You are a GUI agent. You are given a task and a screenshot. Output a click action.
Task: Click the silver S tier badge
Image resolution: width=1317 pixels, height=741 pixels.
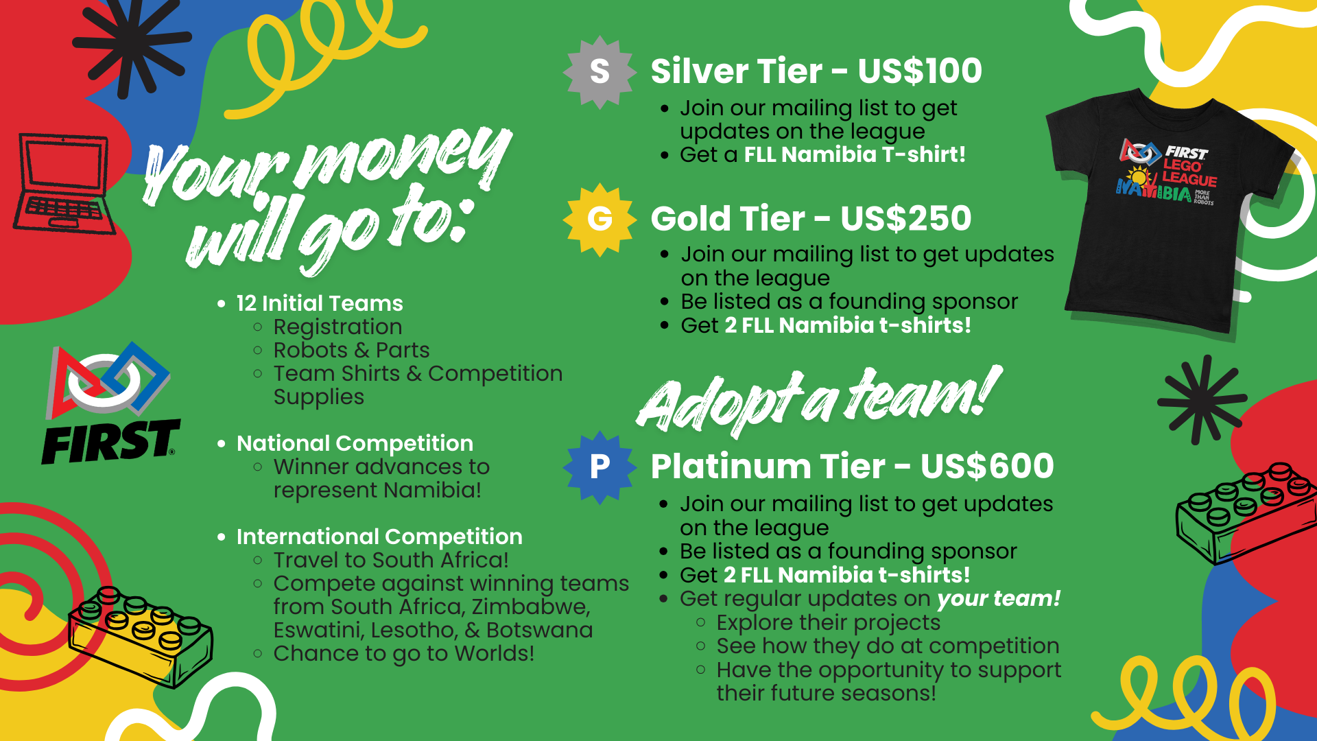[x=600, y=72]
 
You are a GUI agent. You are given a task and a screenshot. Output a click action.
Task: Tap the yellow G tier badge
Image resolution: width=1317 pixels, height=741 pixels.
[x=600, y=220]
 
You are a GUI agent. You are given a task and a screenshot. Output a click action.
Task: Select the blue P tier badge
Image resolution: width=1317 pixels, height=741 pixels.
[x=600, y=467]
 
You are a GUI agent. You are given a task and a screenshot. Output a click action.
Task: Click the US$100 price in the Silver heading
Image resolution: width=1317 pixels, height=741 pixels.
[x=920, y=71]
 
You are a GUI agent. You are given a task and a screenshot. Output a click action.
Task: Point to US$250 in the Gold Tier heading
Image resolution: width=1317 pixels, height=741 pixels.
[x=906, y=218]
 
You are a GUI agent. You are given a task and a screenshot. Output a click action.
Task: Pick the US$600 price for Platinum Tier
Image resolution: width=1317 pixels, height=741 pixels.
[x=987, y=466]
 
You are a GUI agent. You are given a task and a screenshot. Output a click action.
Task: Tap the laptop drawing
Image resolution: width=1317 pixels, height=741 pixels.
[x=63, y=184]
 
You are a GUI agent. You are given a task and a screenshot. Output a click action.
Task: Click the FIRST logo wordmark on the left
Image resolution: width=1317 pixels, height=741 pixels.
[x=110, y=442]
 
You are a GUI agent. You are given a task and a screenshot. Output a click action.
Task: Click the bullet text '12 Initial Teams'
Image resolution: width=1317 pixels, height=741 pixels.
[x=320, y=303]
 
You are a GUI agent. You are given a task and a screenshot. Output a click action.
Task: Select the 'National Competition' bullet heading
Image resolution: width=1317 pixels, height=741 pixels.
[x=355, y=443]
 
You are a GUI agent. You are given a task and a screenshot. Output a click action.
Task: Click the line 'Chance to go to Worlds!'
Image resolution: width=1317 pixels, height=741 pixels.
[x=403, y=654]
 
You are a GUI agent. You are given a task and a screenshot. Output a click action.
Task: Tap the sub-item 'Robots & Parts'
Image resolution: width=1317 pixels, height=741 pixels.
[x=351, y=350]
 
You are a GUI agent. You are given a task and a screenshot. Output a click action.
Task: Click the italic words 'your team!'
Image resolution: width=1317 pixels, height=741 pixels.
[x=999, y=599]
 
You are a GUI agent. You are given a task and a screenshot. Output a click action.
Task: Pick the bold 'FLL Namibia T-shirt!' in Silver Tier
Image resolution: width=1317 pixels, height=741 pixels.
[x=855, y=154]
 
